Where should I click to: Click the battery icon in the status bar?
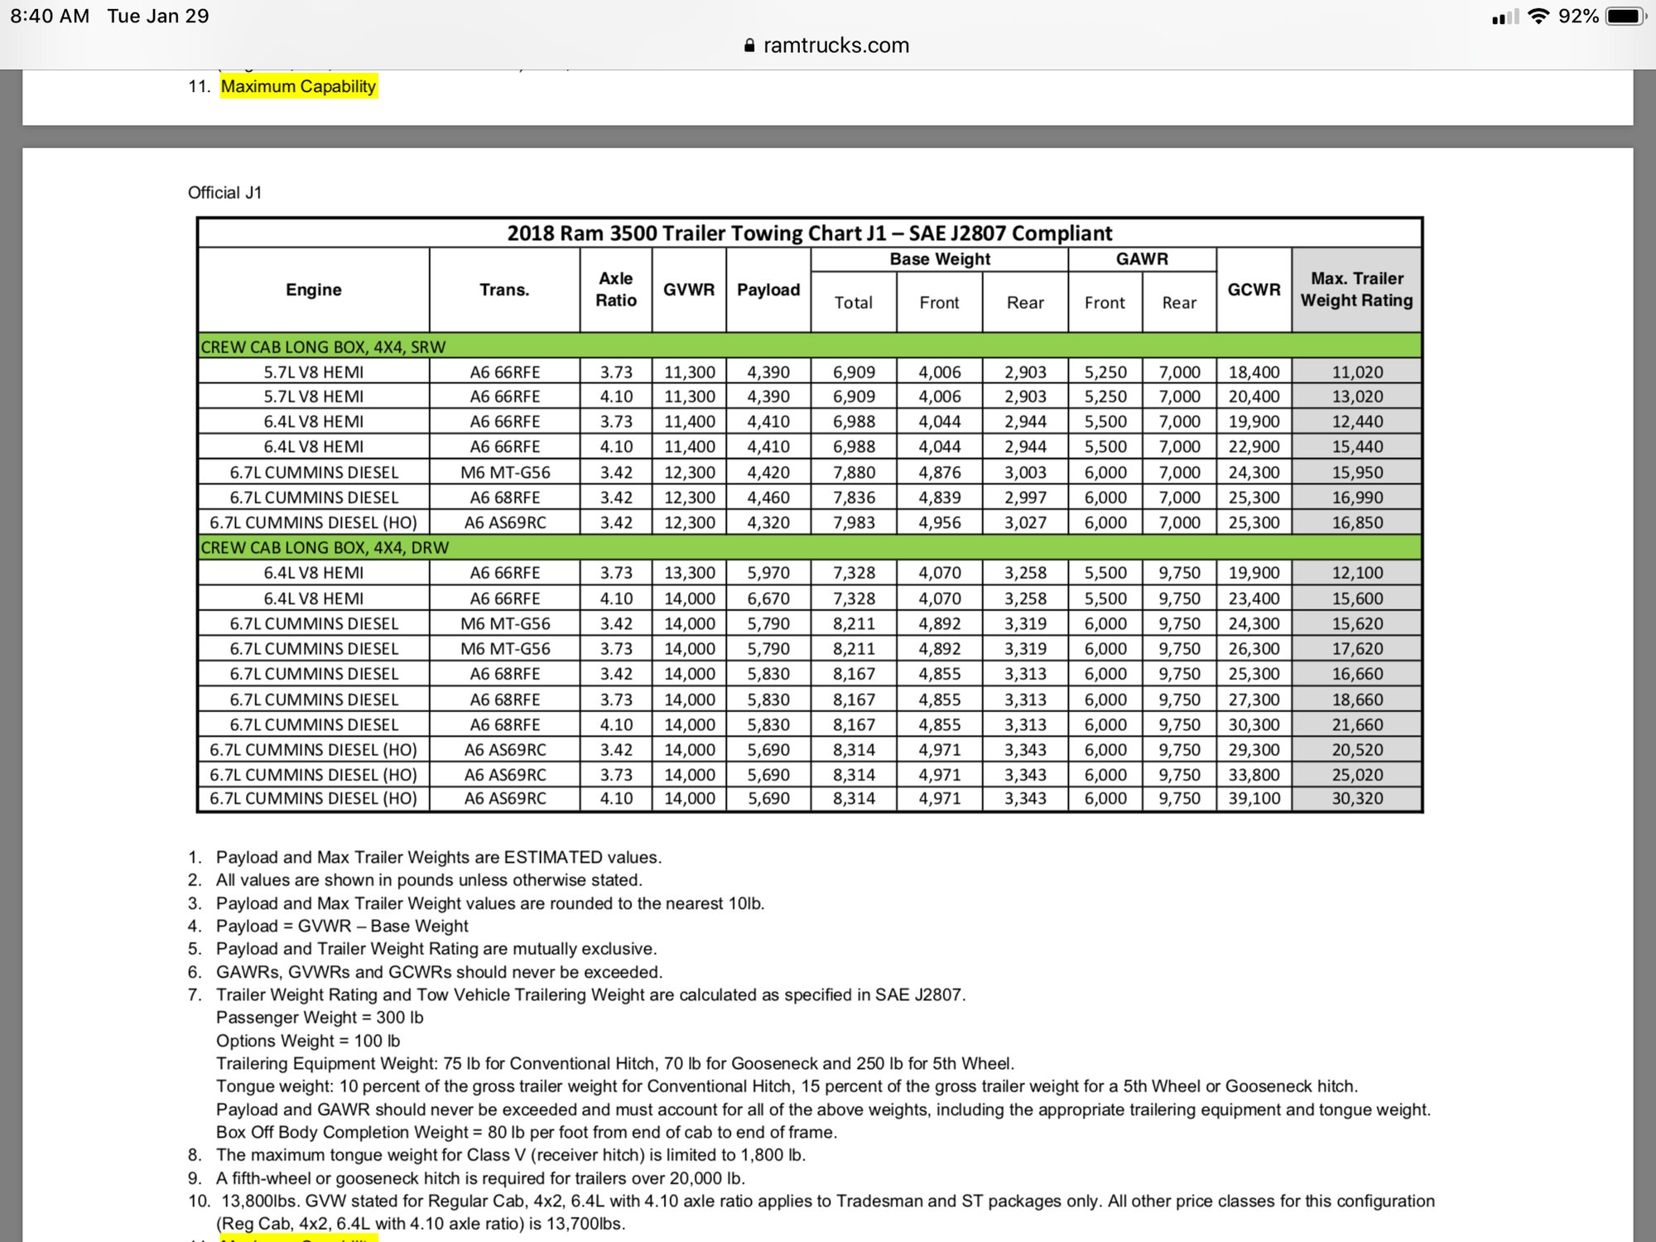point(1625,17)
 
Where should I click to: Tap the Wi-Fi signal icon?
point(1538,17)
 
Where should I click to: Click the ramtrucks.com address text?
point(835,46)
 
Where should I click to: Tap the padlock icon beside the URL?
point(749,46)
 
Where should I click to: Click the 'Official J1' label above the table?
point(224,193)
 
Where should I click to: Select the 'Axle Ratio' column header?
point(616,290)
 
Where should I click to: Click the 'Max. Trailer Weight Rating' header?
point(1356,290)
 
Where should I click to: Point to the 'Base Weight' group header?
point(940,259)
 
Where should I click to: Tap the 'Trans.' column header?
point(504,290)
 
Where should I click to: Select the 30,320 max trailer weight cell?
point(1357,799)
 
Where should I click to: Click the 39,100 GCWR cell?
point(1254,799)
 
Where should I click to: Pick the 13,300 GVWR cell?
point(689,573)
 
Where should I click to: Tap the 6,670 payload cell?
point(768,599)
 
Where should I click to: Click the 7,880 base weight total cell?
point(854,473)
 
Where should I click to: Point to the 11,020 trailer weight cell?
point(1357,373)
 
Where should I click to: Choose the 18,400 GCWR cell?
point(1254,373)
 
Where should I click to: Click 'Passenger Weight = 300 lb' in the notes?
point(320,1018)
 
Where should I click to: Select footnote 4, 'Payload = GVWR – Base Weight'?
point(341,926)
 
